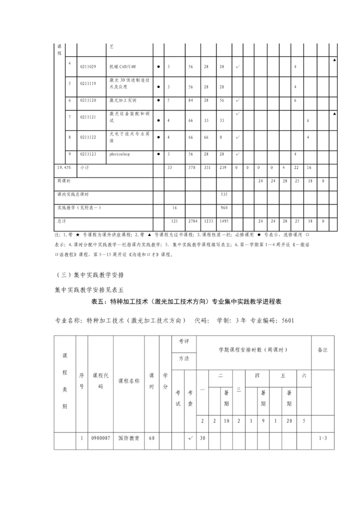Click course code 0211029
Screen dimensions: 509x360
[x=88, y=66]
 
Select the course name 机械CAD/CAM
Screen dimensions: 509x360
[x=122, y=66]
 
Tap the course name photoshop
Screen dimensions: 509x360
[x=119, y=154]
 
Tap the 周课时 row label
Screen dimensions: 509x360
[x=63, y=181]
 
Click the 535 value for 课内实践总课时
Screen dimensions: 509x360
[x=224, y=194]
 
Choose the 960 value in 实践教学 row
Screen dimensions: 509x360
[x=224, y=207]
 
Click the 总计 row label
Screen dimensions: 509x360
[x=61, y=220]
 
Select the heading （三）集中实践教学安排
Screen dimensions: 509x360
[x=90, y=275]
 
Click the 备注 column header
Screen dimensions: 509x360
[x=322, y=350]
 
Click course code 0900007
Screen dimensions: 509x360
[x=100, y=438]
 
